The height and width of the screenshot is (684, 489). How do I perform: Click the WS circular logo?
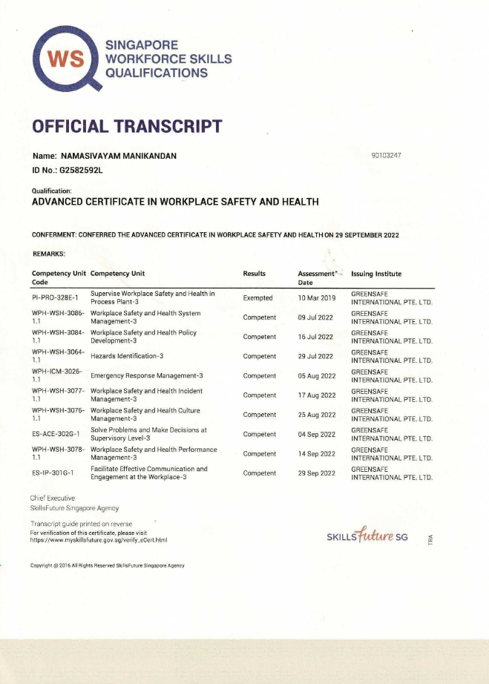click(65, 58)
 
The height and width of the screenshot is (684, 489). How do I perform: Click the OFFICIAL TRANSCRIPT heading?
click(127, 126)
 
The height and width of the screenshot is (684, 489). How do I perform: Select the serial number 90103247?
click(385, 156)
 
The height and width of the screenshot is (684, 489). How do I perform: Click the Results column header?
click(254, 274)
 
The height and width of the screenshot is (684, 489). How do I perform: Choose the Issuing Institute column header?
click(376, 274)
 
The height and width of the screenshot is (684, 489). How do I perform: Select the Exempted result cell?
click(257, 298)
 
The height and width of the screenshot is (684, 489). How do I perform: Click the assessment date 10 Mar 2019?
click(317, 298)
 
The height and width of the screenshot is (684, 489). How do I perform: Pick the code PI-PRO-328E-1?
click(56, 298)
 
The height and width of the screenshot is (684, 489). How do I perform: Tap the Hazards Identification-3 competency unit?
click(127, 356)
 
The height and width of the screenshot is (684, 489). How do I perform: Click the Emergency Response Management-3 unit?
click(146, 375)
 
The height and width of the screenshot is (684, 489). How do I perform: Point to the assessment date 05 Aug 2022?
click(317, 376)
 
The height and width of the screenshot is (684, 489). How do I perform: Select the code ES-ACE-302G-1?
click(56, 434)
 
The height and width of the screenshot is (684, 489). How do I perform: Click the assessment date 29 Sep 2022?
click(317, 473)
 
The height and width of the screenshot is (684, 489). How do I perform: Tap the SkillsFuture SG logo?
click(367, 536)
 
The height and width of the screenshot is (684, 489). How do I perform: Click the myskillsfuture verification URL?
click(99, 540)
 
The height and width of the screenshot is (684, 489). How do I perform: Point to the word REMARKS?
click(50, 254)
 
